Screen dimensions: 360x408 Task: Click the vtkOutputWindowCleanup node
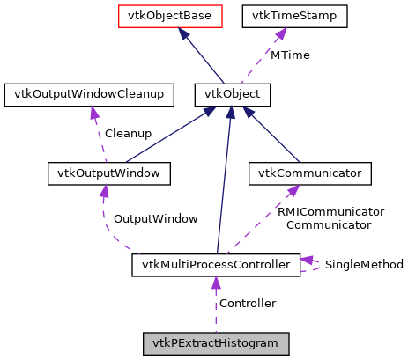pos(85,93)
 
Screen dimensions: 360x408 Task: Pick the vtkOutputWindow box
pos(108,173)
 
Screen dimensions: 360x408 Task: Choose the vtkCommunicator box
pos(309,173)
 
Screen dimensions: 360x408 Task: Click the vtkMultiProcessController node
pos(215,264)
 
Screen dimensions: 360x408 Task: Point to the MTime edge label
pos(291,55)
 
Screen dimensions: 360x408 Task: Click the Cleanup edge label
pos(128,134)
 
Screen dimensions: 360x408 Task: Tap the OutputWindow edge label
pos(155,218)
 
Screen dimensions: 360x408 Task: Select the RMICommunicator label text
pos(330,212)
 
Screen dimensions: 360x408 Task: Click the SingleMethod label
pos(364,264)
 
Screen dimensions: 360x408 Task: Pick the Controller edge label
pos(247,304)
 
